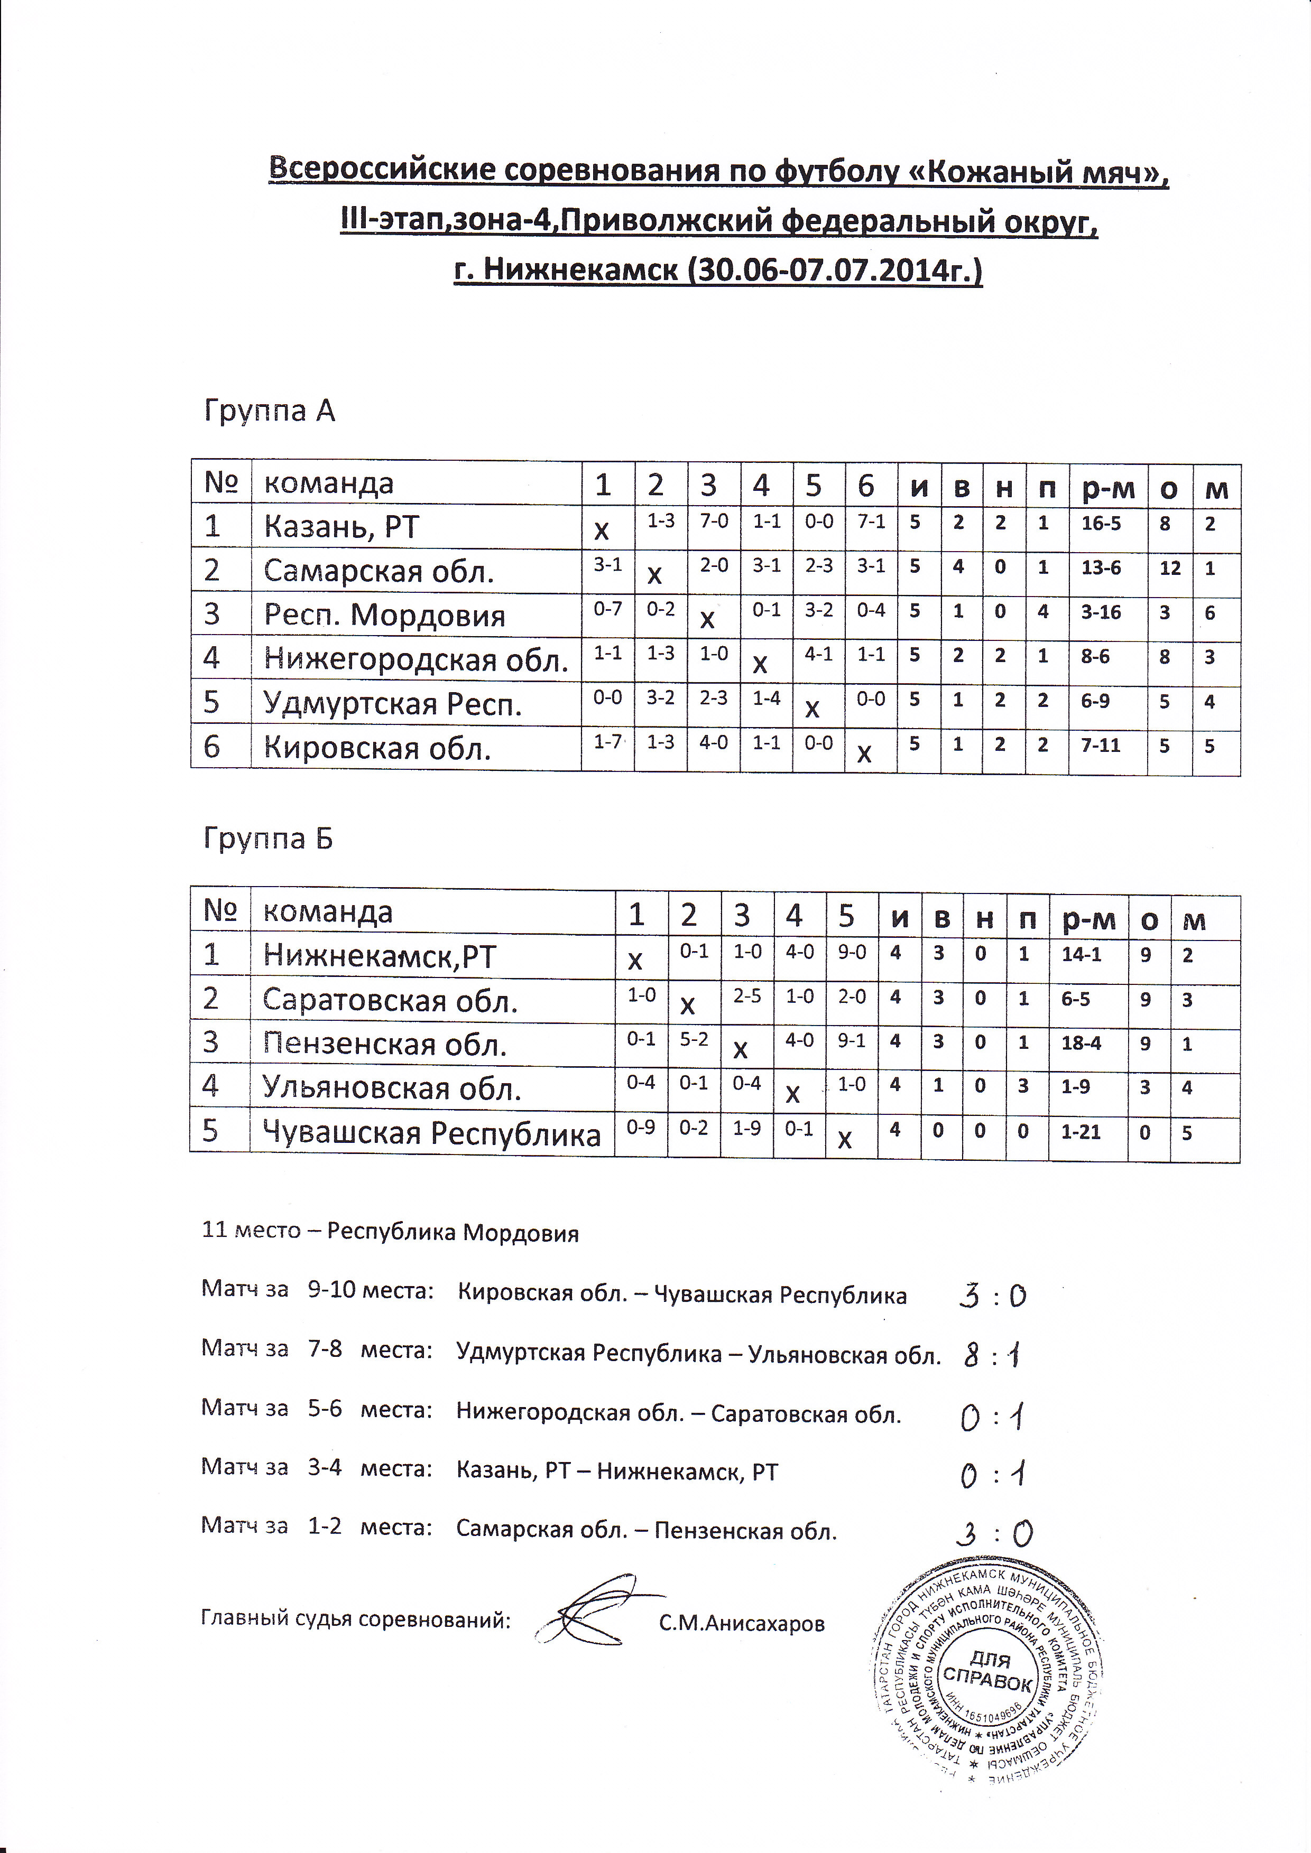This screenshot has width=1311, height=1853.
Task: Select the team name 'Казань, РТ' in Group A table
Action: point(341,527)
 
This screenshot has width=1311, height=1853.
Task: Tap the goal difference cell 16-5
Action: point(1101,524)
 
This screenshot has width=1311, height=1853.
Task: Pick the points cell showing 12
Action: point(1170,568)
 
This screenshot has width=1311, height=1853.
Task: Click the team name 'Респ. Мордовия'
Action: point(384,616)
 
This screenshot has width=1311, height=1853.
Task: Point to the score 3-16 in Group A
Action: point(1101,612)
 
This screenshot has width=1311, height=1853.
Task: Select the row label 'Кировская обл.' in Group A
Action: point(377,748)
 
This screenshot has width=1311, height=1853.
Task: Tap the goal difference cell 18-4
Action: point(1081,1044)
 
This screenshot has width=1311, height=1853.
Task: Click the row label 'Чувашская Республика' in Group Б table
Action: point(431,1133)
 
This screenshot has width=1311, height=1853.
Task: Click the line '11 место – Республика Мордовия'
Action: point(390,1233)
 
